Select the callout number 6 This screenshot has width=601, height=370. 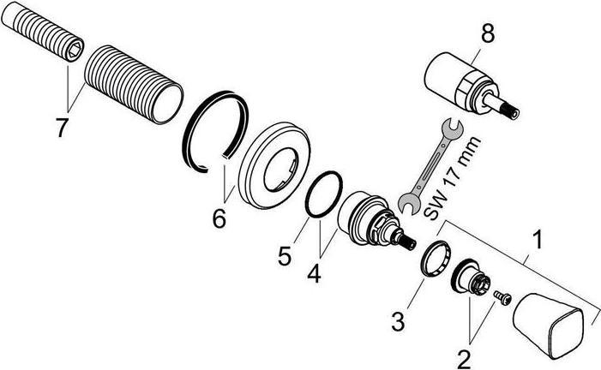click(219, 220)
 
